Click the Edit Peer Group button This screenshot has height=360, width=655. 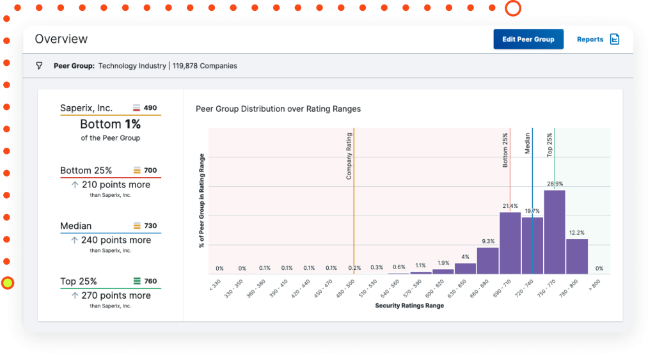click(x=528, y=39)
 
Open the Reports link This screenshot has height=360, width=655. click(x=597, y=39)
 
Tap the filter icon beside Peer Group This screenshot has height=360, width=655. click(x=39, y=66)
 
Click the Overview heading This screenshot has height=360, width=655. click(x=61, y=39)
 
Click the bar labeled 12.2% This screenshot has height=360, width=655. click(x=576, y=256)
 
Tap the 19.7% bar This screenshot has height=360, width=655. click(x=532, y=246)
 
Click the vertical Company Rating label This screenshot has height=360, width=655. click(x=349, y=156)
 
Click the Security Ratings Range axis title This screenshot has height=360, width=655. click(x=409, y=306)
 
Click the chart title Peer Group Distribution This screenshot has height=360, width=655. click(x=278, y=109)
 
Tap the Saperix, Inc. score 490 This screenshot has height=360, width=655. click(x=150, y=108)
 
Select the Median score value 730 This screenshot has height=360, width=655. click(x=150, y=226)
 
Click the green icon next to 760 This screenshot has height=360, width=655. click(x=136, y=281)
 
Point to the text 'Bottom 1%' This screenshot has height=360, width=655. click(x=110, y=124)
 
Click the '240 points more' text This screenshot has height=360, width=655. click(x=116, y=240)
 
